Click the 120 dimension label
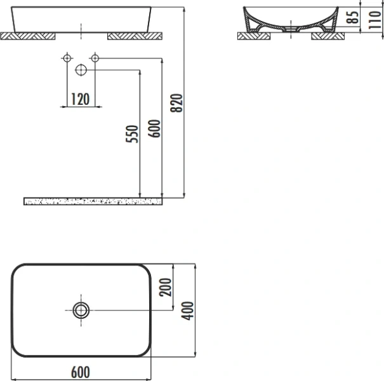[x=79, y=98]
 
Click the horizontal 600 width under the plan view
[x=81, y=372]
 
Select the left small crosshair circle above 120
[x=66, y=58]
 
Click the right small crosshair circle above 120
[x=95, y=58]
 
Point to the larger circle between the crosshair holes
[x=81, y=70]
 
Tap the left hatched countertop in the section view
[x=254, y=36]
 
